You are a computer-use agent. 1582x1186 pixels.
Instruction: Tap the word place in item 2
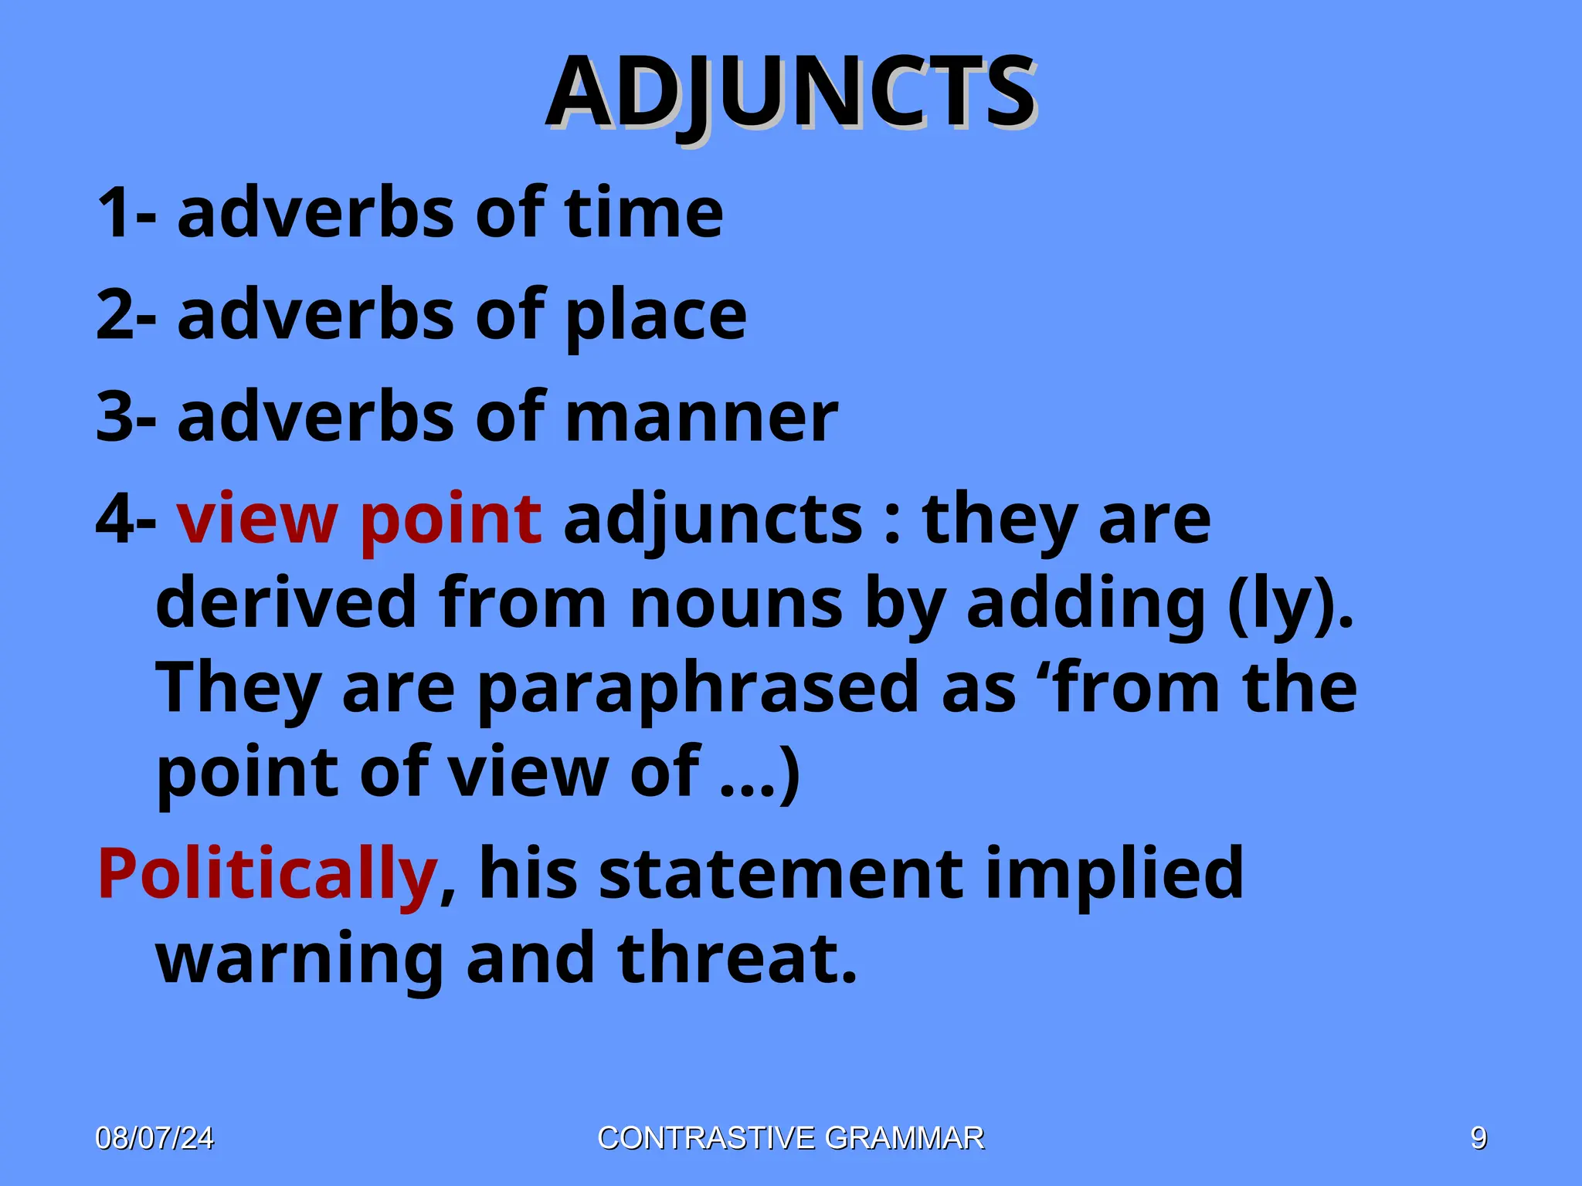pos(656,317)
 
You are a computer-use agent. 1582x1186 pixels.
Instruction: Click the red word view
pos(256,519)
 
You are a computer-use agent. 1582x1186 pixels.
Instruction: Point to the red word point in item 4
pos(450,519)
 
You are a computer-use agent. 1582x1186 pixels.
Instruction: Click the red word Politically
pos(268,875)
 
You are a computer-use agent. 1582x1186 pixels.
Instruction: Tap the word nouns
pos(735,603)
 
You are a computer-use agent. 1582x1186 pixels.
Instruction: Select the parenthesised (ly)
pos(1290,603)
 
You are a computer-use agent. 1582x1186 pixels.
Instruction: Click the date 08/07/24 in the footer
pos(154,1138)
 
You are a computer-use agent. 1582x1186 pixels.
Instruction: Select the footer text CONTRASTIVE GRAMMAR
pos(791,1138)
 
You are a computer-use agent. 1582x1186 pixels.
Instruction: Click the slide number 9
pos(1478,1138)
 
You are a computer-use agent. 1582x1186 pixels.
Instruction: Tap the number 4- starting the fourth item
pos(126,519)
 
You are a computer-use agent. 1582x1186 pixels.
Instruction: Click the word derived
pos(287,603)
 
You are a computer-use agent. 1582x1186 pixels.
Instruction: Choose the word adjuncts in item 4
pos(713,519)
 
